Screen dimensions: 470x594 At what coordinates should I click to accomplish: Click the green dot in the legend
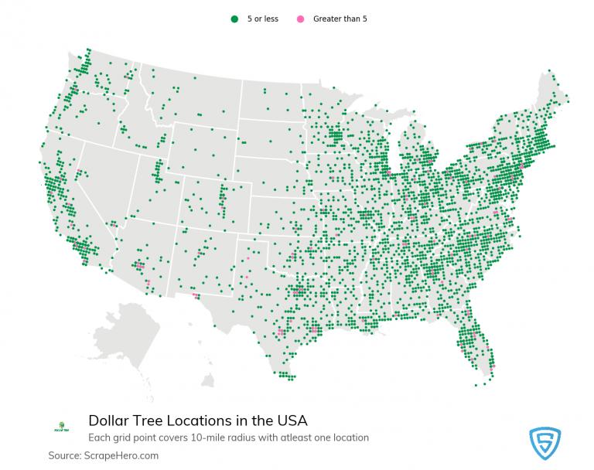234,19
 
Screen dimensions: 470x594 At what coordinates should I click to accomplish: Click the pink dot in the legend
301,19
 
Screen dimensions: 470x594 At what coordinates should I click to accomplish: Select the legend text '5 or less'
262,19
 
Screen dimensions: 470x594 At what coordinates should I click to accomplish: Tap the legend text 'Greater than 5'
340,19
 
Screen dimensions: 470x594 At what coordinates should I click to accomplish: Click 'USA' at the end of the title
292,421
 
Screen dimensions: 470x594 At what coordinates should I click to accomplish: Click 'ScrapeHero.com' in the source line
125,456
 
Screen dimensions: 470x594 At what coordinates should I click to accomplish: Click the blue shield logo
544,443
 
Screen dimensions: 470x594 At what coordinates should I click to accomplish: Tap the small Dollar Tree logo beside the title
62,426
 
